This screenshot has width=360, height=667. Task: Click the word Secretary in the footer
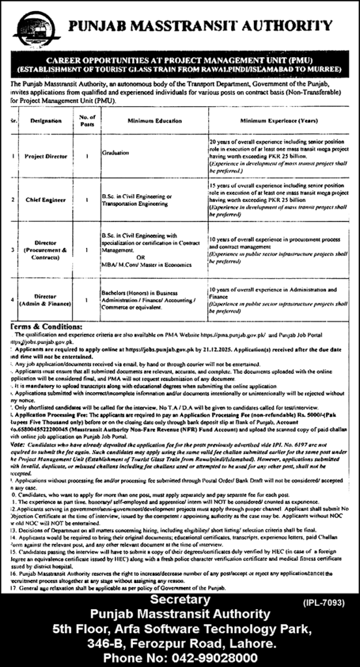(x=177, y=599)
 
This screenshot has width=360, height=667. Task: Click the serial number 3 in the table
(x=14, y=249)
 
